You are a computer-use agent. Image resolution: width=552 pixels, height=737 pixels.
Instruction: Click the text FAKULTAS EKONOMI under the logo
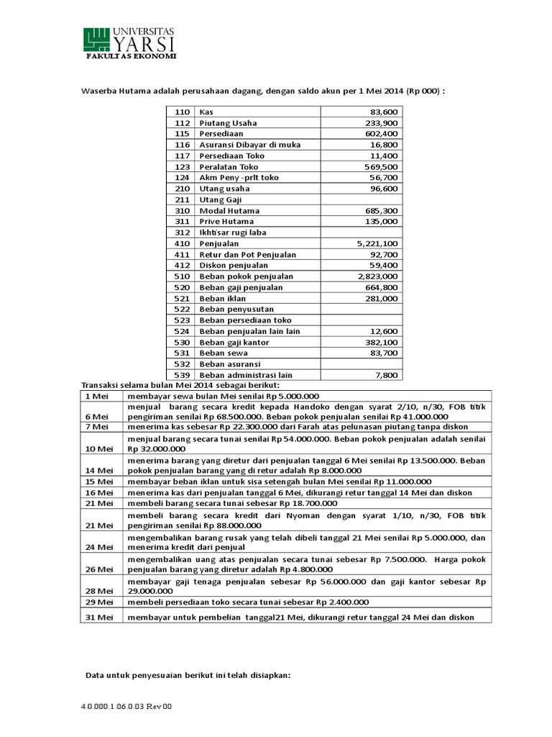point(131,55)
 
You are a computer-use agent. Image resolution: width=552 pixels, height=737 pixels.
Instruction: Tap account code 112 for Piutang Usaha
point(181,123)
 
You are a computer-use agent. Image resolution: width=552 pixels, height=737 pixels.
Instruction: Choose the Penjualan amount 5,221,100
point(377,244)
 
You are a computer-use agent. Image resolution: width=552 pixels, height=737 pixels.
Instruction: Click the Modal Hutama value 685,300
point(382,211)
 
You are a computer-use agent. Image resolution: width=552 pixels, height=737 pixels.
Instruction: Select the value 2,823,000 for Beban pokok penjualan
point(377,276)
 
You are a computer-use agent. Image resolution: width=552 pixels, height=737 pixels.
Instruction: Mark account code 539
point(181,375)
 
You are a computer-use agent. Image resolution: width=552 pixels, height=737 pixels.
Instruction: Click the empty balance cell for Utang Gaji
point(361,200)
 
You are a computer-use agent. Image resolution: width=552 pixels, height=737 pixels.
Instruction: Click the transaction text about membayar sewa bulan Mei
point(223,396)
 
